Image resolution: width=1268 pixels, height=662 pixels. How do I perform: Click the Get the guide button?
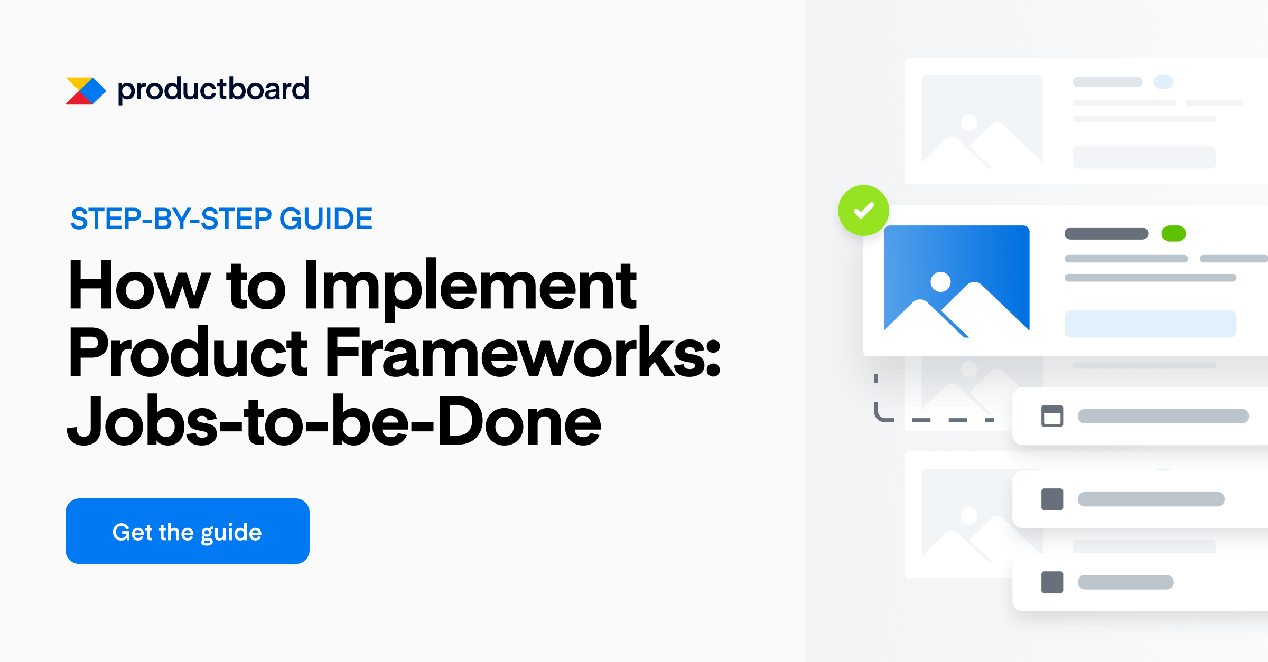click(187, 531)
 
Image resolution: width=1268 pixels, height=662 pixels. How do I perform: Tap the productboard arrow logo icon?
click(86, 91)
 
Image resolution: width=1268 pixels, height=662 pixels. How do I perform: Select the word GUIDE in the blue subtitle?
click(326, 219)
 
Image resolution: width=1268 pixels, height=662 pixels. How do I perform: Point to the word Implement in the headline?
click(470, 288)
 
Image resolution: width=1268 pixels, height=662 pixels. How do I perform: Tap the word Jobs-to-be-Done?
click(334, 421)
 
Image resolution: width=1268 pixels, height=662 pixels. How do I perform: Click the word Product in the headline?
click(188, 353)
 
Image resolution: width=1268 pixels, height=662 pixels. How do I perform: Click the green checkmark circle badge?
click(863, 211)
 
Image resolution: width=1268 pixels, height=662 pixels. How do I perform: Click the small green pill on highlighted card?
click(1173, 233)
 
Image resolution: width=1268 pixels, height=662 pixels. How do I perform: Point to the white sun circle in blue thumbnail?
click(940, 282)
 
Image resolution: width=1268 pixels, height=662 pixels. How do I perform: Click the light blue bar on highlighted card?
click(1150, 324)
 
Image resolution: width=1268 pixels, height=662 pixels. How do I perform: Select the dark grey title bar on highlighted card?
click(1106, 233)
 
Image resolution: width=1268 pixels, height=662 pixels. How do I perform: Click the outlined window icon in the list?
click(1052, 416)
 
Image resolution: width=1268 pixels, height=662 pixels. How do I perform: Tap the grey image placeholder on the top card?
click(982, 120)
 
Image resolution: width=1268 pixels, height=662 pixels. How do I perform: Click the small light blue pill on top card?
click(1163, 82)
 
